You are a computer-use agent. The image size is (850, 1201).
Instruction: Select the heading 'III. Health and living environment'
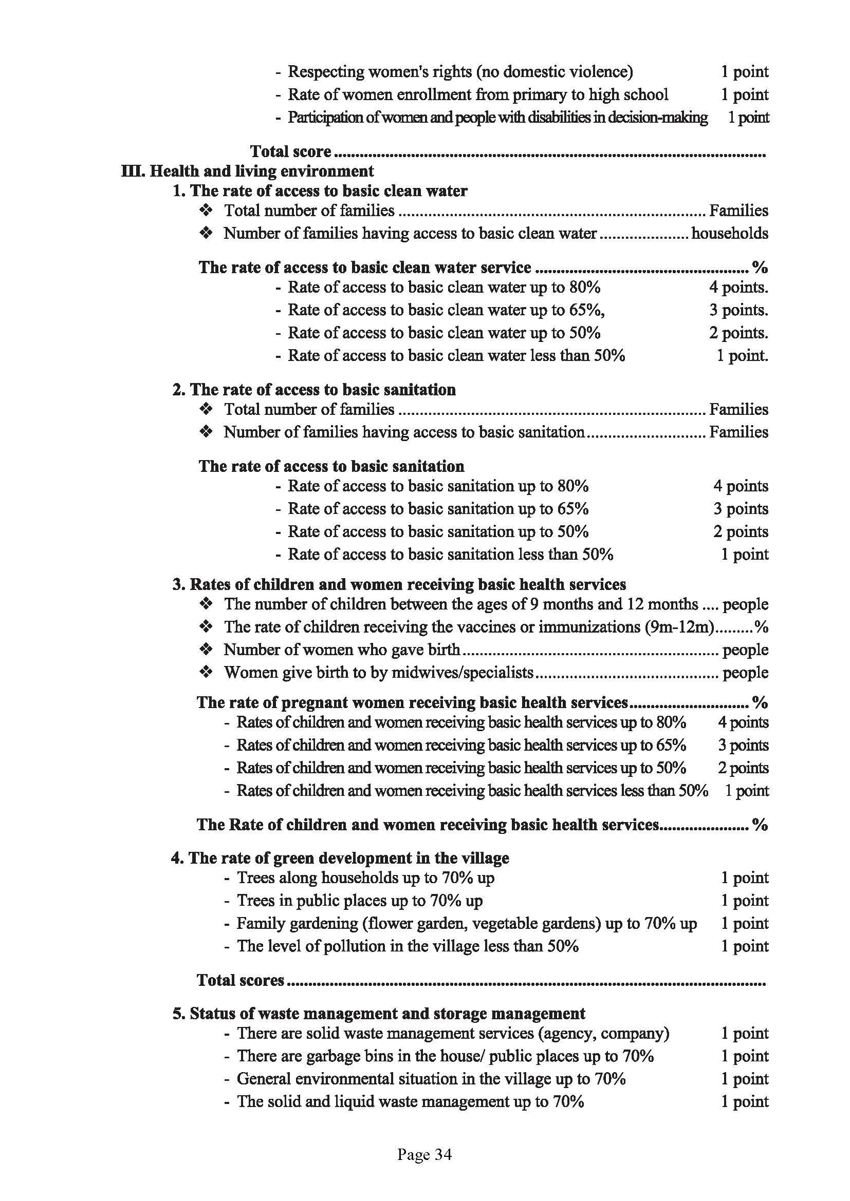coord(248,171)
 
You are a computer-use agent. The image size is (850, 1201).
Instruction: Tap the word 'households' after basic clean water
coord(730,233)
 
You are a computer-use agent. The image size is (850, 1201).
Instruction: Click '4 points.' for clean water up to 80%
coord(738,287)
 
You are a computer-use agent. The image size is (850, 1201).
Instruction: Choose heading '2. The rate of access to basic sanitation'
coord(314,389)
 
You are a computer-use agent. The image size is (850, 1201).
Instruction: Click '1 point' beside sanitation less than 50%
coord(744,554)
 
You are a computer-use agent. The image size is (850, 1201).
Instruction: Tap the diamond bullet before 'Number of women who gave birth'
coord(206,649)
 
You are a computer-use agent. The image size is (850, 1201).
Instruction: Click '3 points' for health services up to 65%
coord(743,745)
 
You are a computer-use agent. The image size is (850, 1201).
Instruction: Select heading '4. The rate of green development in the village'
coord(340,858)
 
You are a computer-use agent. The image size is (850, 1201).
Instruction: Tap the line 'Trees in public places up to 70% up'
coord(360,900)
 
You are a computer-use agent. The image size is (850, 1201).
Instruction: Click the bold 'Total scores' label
coord(240,980)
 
